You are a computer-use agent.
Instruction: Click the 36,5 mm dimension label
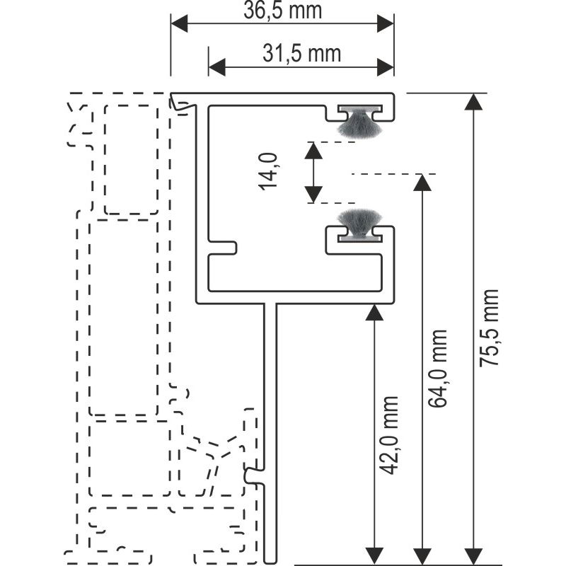coord(282,11)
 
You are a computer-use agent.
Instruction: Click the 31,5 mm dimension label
coord(302,54)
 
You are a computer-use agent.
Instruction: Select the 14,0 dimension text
coord(268,171)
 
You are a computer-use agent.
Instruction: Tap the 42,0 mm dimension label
coord(389,435)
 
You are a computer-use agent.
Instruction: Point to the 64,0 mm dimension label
coord(438,369)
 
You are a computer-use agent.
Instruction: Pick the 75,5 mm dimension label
coord(489,328)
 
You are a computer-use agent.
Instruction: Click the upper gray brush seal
coord(359,122)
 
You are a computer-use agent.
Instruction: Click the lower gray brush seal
coord(359,225)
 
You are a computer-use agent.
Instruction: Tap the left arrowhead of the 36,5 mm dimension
coord(180,23)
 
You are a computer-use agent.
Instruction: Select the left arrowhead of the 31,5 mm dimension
coord(217,67)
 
